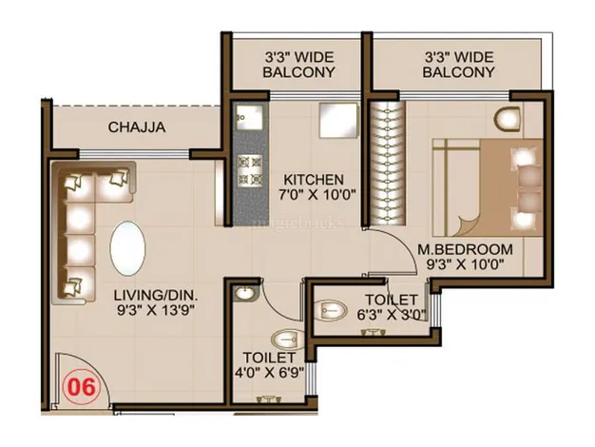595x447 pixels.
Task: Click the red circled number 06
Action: click(x=81, y=388)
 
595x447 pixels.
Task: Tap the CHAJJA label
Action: click(x=137, y=127)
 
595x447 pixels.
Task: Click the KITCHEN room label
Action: click(x=314, y=179)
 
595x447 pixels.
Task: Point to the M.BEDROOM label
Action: click(x=465, y=249)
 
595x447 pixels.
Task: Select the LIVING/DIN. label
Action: click(x=156, y=295)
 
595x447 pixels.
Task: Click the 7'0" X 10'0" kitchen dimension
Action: click(x=317, y=195)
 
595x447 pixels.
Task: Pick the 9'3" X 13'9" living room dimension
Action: click(x=156, y=311)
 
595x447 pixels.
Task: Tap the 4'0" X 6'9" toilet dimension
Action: click(x=269, y=373)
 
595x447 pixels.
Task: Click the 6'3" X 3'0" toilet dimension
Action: click(x=392, y=315)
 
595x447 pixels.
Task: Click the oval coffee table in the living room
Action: click(x=127, y=247)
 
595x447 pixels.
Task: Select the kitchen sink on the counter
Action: click(x=250, y=117)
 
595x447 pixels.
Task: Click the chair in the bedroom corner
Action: click(x=507, y=119)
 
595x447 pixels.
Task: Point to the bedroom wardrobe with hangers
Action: click(x=388, y=164)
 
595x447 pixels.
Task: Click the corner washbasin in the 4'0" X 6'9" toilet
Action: click(x=245, y=293)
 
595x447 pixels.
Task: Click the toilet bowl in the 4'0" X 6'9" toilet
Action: click(x=288, y=340)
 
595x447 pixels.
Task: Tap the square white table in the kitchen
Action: click(x=338, y=120)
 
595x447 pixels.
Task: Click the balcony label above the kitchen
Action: click(x=299, y=65)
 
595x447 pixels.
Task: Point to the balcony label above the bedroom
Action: click(x=459, y=65)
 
